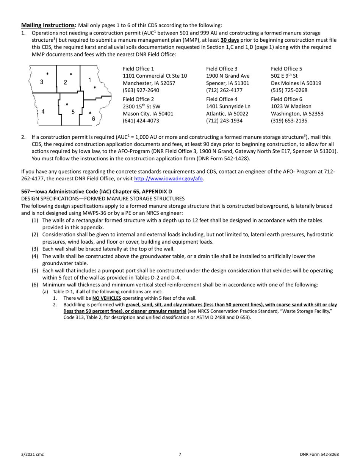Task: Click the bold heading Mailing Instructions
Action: click(x=48, y=25)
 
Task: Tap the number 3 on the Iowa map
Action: click(x=42, y=82)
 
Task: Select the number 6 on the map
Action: click(x=94, y=119)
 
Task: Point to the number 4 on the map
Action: click(x=43, y=112)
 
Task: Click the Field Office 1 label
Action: click(x=138, y=69)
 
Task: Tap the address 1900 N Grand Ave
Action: click(x=228, y=76)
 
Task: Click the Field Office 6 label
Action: click(x=286, y=99)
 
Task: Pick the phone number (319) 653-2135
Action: click(x=289, y=121)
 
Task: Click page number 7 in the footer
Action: click(x=180, y=454)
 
